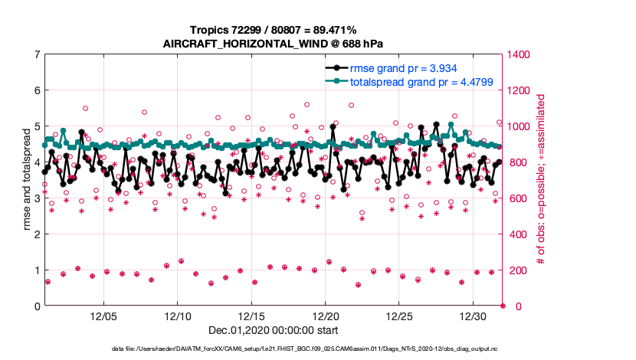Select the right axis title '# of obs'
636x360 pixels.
pyautogui.click(x=541, y=180)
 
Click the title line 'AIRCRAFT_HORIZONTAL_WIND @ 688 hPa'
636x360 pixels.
pyautogui.click(x=273, y=44)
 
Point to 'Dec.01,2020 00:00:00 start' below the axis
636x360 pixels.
pyautogui.click(x=273, y=331)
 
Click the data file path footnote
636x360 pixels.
pyautogui.click(x=273, y=349)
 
